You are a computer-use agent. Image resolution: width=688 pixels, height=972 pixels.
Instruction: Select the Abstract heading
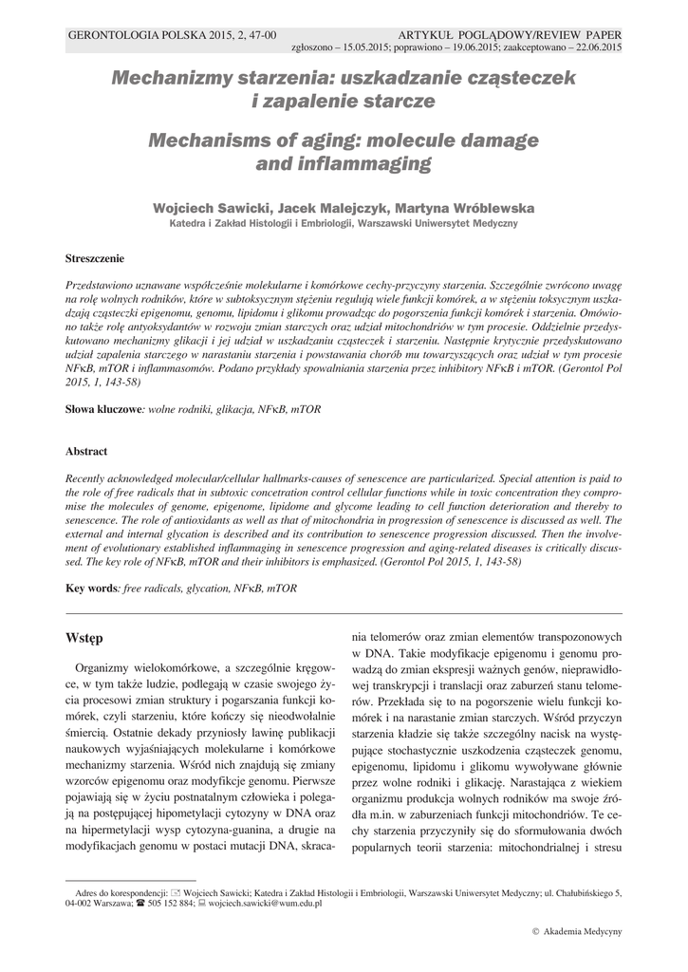tap(86, 452)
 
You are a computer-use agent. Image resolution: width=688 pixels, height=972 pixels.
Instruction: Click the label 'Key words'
tap(91, 589)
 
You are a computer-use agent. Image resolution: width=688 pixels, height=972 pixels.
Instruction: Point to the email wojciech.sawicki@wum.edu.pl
tap(265, 904)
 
